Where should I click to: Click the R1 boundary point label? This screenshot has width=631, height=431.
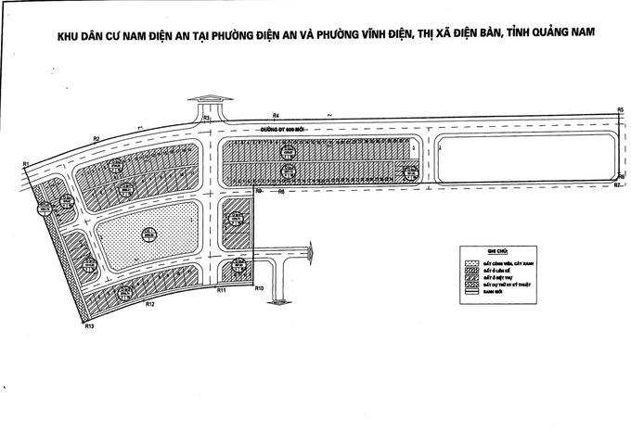pos(27,164)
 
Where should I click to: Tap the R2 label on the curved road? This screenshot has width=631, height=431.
pos(96,138)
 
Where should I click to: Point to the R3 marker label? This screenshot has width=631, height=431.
pos(207,120)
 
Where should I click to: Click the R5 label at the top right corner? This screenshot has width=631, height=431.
pos(619,110)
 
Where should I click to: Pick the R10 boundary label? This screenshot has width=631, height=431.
pos(260,290)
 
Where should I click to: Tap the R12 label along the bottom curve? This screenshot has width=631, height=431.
pos(148,304)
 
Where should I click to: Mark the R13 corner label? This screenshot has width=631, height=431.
pos(88,327)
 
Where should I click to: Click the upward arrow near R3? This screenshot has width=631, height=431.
pos(209,99)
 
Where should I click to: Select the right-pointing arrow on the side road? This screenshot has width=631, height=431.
pos(311,247)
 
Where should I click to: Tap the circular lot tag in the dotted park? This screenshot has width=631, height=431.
pos(145,234)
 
